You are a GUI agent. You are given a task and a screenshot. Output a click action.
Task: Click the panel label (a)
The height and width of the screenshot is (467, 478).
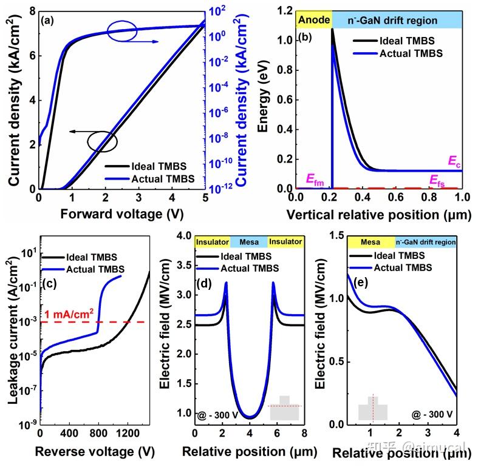tap(47, 21)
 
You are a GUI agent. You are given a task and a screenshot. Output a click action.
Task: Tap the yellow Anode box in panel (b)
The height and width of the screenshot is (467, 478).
tap(313, 20)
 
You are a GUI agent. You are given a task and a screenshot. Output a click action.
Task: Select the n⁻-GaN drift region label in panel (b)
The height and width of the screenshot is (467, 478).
tap(392, 21)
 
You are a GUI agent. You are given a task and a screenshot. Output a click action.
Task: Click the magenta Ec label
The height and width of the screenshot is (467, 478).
tap(454, 161)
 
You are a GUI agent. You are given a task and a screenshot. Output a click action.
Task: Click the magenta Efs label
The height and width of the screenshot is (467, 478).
tap(437, 180)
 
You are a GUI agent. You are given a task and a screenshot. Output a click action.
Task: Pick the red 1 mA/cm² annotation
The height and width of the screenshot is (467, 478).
tap(69, 314)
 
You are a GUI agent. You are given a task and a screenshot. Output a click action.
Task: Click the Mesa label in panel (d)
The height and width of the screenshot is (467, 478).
tap(249, 242)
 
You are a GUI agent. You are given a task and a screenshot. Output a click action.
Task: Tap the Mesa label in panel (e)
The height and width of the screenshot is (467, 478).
tap(370, 242)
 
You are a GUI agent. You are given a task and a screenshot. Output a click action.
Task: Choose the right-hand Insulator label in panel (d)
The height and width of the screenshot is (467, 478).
tap(285, 242)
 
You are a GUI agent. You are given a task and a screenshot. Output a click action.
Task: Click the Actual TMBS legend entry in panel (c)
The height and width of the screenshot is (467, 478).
tap(83, 269)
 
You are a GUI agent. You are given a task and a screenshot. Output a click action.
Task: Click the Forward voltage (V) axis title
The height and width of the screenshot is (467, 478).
tap(122, 213)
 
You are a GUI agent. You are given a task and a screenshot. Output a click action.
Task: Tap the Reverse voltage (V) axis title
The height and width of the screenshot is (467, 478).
tap(95, 451)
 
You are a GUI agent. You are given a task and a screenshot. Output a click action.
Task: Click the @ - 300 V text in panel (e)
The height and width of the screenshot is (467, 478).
tap(432, 414)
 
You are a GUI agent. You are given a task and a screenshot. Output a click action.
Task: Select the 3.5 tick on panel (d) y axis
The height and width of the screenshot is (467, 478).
tap(184, 265)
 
